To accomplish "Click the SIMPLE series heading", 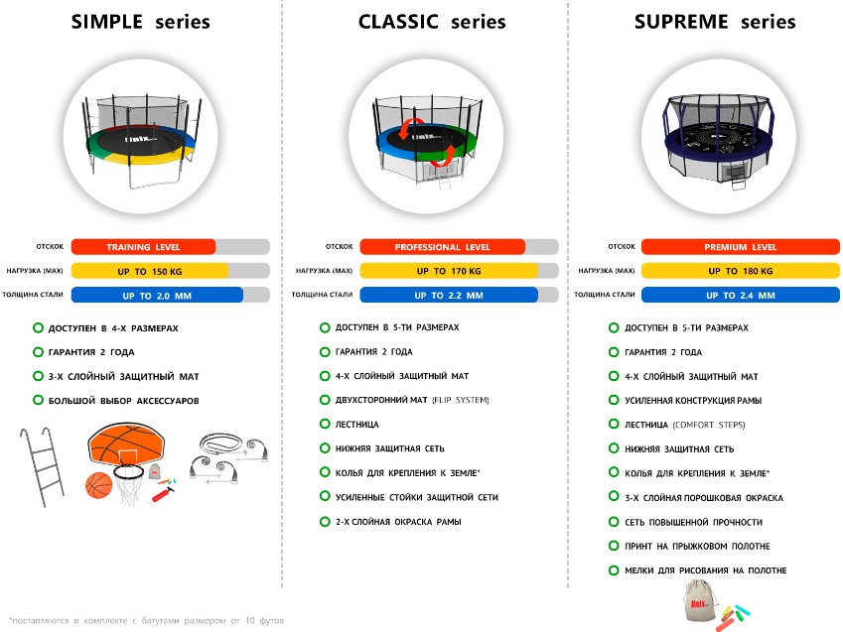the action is [140, 22].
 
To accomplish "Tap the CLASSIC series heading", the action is [432, 22].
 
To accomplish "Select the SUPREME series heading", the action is [715, 22].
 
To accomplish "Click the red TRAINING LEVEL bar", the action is [143, 247].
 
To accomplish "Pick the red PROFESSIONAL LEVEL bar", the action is [442, 247].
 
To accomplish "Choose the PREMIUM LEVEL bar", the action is [741, 247].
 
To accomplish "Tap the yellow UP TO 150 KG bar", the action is [150, 271].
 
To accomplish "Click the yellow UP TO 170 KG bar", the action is [449, 271].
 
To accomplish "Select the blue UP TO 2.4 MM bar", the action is [741, 295].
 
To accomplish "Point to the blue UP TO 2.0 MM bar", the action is [157, 295].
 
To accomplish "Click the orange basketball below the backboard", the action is [99, 485].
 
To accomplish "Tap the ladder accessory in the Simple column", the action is [42, 466].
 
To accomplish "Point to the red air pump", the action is [163, 494].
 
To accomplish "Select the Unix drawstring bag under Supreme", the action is [699, 603].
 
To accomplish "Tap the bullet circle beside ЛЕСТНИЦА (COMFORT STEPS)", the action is [614, 424].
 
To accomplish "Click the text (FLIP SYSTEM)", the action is [461, 400].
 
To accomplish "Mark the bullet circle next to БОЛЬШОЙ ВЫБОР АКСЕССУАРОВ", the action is [38, 400].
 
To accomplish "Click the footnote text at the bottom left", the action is [146, 621].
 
